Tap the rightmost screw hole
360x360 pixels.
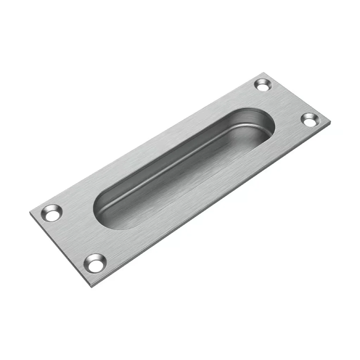tap(309, 120)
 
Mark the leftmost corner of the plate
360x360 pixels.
tap(29, 212)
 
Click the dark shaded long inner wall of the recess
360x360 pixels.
tap(176, 151)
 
